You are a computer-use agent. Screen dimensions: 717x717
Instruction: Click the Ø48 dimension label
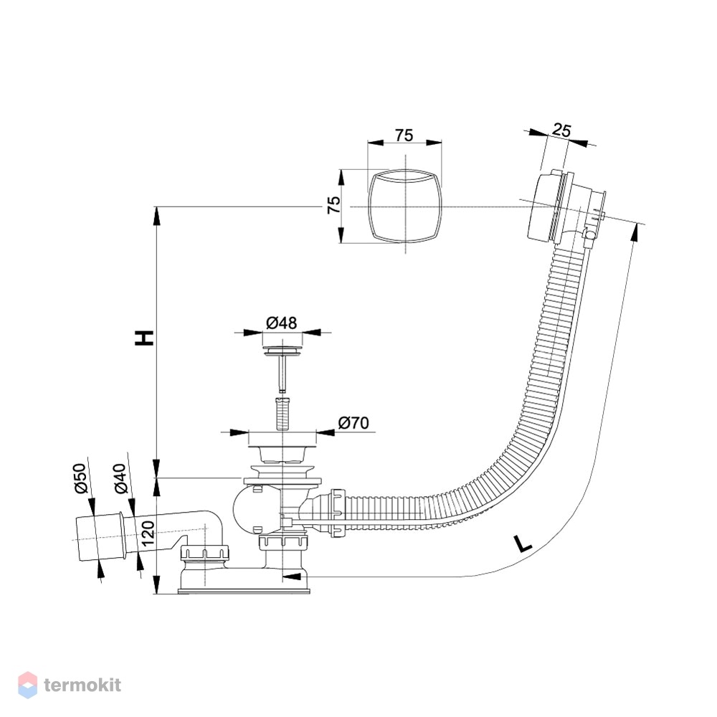[281, 323]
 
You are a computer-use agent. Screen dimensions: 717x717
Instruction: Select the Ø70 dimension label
[353, 423]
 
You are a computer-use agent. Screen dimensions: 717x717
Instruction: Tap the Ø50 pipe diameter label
[80, 478]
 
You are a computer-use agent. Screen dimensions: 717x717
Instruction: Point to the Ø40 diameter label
[119, 478]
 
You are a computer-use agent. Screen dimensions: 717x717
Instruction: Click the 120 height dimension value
[148, 533]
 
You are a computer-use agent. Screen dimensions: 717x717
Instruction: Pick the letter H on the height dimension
[144, 337]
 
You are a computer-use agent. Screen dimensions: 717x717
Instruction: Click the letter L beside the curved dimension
[523, 543]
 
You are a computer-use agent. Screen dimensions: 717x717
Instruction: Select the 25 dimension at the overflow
[561, 130]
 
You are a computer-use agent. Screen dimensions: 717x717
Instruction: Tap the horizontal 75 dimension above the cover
[404, 136]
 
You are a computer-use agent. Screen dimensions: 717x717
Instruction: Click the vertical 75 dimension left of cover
[334, 204]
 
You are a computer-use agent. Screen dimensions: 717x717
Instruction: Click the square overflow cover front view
[405, 206]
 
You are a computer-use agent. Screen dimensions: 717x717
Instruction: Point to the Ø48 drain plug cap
[282, 351]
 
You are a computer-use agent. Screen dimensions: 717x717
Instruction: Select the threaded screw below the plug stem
[282, 414]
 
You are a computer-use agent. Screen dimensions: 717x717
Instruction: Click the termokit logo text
[82, 685]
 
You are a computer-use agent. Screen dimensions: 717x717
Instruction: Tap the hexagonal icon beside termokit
[28, 685]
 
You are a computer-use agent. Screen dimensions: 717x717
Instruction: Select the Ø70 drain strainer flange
[282, 438]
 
